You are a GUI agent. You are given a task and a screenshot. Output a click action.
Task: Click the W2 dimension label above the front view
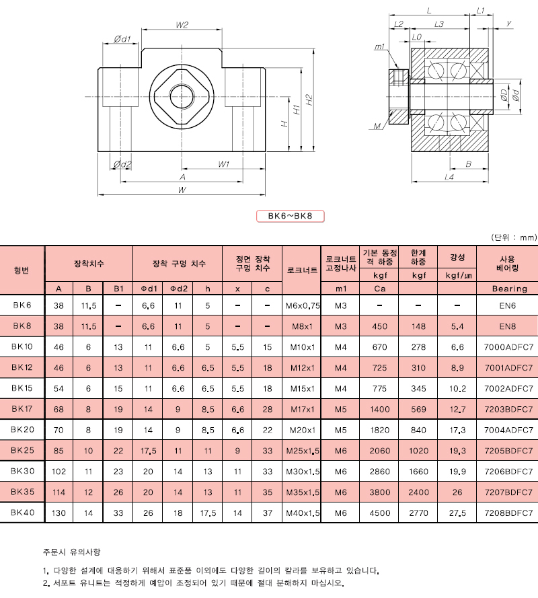[x=182, y=25]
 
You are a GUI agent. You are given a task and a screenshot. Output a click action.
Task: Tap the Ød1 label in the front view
[x=122, y=39]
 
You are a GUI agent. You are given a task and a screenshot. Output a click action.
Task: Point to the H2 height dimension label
[x=309, y=100]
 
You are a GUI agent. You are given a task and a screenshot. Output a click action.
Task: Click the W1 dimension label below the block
[x=224, y=164]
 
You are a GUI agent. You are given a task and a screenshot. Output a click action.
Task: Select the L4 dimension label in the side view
[x=449, y=177]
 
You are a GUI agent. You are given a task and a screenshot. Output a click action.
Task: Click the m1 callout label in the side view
[x=379, y=47]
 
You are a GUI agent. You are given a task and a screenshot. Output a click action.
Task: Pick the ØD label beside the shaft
[x=504, y=95]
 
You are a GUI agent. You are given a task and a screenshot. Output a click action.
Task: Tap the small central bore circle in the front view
[x=182, y=97]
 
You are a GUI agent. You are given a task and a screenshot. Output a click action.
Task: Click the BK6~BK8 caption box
[x=290, y=216]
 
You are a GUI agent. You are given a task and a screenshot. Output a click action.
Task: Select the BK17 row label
[x=22, y=409]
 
